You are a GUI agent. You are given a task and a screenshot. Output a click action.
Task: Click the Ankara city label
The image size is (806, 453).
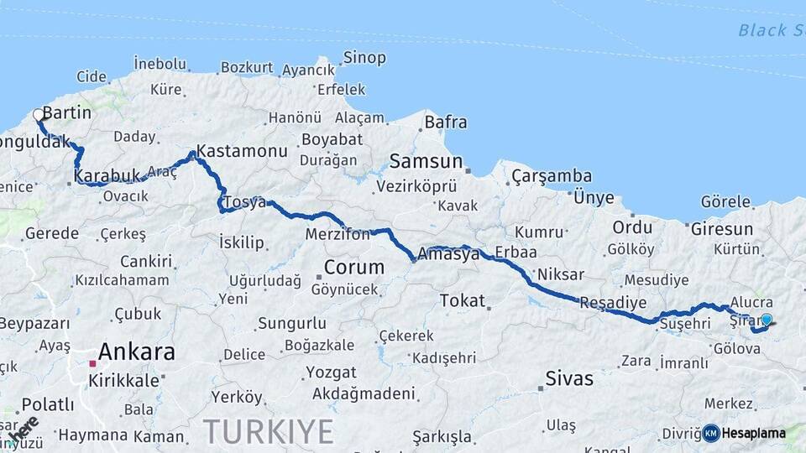[137, 351]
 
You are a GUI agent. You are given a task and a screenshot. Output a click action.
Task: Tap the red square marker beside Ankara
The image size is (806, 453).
[92, 363]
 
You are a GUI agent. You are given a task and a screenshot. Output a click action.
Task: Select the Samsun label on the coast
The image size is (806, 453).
[426, 161]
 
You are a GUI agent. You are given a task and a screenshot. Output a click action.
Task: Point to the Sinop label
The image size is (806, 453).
[364, 58]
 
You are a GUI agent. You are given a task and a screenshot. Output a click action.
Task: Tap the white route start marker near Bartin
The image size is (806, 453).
[38, 115]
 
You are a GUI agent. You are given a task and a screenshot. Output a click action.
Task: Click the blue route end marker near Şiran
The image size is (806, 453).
[766, 319]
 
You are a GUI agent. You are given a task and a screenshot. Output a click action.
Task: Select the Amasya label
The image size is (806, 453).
[454, 252]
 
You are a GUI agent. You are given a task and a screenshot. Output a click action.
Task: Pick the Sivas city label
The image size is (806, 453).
[569, 378]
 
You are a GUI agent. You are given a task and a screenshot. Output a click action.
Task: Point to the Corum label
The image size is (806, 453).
[354, 268]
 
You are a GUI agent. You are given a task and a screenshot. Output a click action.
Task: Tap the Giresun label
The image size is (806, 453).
[721, 228]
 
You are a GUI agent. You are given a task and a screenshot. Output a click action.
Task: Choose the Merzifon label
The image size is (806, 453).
[338, 234]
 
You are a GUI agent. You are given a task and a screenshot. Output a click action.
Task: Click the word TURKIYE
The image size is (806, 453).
[268, 431]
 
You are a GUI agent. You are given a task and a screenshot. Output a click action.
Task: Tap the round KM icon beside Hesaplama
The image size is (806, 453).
[711, 433]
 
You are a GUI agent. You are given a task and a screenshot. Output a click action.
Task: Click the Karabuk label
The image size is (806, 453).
[105, 176]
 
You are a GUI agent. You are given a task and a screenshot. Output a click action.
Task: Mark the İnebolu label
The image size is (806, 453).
[160, 64]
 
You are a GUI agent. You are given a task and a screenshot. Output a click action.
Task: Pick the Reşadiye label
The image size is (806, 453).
[613, 302]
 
